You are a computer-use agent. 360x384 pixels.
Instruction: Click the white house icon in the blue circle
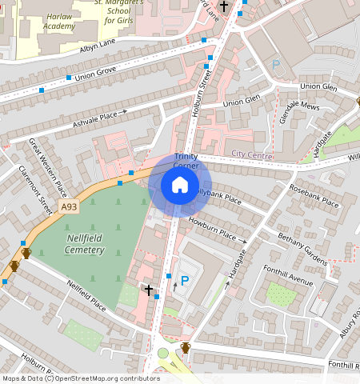tap(180, 186)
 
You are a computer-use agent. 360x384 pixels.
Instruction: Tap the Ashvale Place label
tap(100, 118)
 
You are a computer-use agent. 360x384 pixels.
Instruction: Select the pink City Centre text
tap(252, 153)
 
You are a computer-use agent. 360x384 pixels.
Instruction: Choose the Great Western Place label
tap(47, 168)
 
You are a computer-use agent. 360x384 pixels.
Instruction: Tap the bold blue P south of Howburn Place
tap(184, 281)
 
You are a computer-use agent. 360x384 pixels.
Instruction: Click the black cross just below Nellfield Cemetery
tap(149, 290)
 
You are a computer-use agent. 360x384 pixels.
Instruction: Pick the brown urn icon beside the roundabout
tap(186, 348)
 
